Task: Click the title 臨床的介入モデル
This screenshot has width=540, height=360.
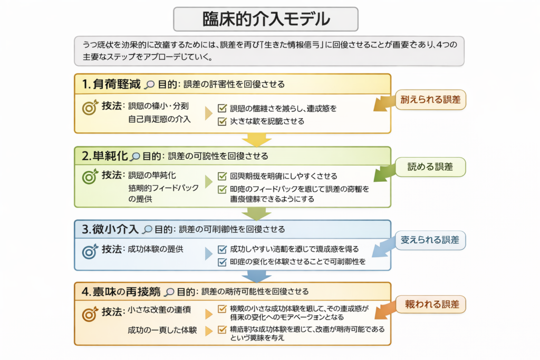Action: [266, 20]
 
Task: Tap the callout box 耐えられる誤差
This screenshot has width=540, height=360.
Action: [430, 99]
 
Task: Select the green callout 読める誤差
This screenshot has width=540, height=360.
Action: [430, 167]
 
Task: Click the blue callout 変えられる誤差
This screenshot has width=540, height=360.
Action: [430, 240]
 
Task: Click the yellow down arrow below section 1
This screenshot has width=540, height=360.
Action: [257, 140]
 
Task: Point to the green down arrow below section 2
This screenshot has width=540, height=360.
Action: [257, 213]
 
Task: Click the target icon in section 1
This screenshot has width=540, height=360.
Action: [90, 108]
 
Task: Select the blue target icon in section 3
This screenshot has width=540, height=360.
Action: [90, 251]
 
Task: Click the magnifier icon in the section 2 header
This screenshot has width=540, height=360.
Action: [136, 157]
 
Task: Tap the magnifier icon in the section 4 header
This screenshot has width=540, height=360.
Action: [169, 291]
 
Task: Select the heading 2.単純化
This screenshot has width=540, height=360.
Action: [104, 156]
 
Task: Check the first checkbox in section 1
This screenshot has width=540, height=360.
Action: [222, 109]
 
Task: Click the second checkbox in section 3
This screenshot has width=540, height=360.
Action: [222, 261]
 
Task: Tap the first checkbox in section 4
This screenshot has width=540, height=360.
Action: [222, 309]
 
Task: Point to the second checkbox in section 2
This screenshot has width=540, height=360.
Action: [222, 189]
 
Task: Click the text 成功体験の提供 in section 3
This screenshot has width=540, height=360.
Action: [156, 249]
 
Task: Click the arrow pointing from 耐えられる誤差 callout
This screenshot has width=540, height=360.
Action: [383, 104]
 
